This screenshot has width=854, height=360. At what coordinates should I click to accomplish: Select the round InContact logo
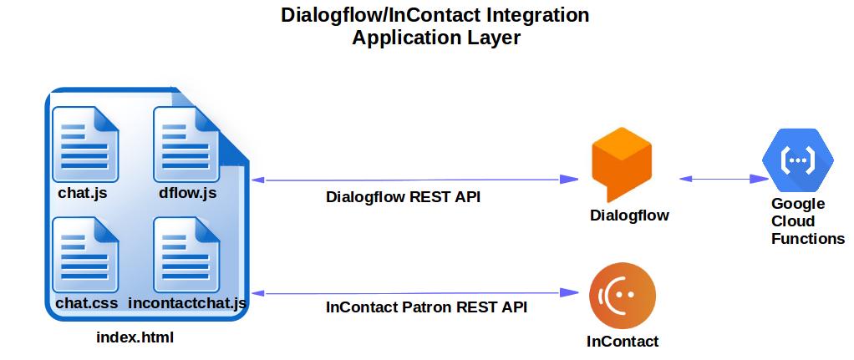pos(622,295)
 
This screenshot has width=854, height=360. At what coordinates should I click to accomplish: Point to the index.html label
pos(135,337)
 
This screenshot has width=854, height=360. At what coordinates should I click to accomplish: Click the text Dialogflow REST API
pos(403,198)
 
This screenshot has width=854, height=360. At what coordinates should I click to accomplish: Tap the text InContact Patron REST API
pos(426,307)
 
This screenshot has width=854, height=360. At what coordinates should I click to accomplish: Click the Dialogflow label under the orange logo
pos(629,215)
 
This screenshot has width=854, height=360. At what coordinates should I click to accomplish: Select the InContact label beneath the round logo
pos(623,341)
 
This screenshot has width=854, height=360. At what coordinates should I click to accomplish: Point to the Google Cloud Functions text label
pos(807,221)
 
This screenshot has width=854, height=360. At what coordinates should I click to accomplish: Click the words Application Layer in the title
pos(436,38)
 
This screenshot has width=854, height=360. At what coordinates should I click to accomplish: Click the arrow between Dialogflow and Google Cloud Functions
pos(724,178)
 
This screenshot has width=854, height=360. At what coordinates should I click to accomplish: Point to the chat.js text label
pos(83,194)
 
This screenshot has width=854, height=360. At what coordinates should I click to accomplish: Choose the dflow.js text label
pos(187,194)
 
